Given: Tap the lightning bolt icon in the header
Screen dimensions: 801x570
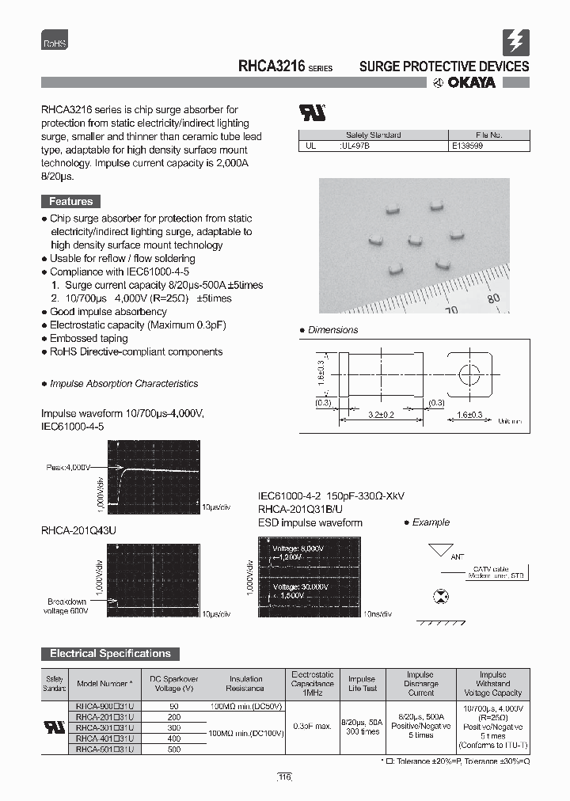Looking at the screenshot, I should (515, 42).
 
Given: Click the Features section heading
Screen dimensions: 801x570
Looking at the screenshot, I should (70, 202).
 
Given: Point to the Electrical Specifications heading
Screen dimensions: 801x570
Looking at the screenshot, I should (110, 654).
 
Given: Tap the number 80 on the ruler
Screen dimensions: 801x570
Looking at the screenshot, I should (494, 298).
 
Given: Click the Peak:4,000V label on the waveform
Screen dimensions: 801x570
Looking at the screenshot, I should (70, 468).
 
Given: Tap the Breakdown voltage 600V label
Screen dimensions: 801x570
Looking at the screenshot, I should (66, 606).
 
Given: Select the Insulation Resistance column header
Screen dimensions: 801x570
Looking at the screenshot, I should (246, 684).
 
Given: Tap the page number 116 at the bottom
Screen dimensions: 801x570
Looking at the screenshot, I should (284, 778).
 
